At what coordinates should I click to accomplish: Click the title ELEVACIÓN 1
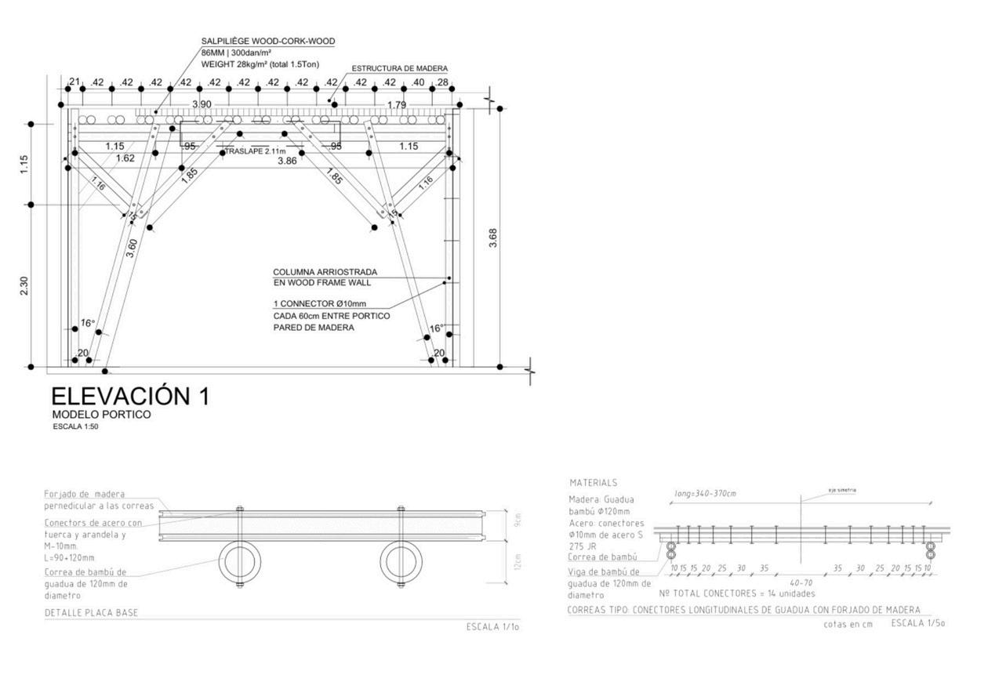(130, 396)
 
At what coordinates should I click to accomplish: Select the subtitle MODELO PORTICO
(101, 414)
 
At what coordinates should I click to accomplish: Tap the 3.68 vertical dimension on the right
(492, 238)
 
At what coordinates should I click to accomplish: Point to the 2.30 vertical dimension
(24, 286)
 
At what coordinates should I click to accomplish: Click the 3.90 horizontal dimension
(202, 104)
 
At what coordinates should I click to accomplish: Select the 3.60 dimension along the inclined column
(133, 248)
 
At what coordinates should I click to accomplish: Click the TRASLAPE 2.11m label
(255, 151)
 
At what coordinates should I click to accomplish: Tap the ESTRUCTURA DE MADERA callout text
(400, 69)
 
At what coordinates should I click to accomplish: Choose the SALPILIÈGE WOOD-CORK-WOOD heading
(268, 41)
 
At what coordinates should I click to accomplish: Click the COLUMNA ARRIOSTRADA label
(325, 272)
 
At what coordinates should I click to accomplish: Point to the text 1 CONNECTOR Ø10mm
(319, 303)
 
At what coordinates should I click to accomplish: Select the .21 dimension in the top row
(75, 82)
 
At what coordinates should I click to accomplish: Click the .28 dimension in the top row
(441, 82)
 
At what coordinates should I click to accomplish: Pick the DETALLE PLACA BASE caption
(91, 612)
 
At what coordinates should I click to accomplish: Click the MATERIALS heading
(593, 483)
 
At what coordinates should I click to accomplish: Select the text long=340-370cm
(705, 494)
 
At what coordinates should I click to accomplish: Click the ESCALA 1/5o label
(917, 623)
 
